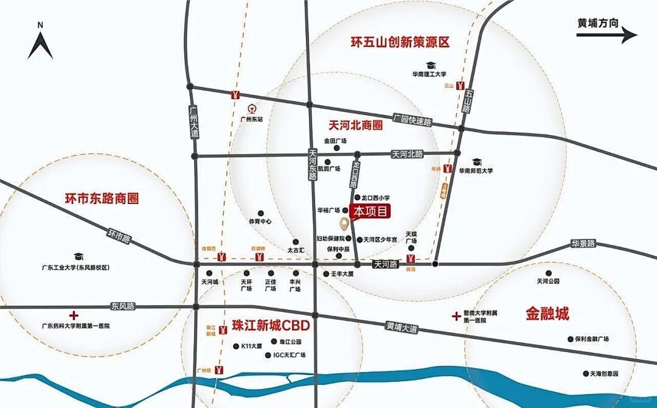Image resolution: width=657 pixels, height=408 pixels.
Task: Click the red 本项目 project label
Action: coord(370,211)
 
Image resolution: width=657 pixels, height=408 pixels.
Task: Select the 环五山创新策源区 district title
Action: coord(400,42)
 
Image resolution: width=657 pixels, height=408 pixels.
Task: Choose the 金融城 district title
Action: coord(547,314)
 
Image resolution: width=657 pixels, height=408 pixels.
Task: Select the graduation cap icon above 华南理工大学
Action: coord(431,65)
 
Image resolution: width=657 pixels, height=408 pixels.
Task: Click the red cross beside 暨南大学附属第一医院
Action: coord(456,315)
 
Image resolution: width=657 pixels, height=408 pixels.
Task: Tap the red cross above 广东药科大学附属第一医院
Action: coord(74,315)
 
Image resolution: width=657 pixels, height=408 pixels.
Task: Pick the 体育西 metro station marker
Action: coord(222,256)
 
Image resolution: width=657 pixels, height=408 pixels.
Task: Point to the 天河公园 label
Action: coord(548,281)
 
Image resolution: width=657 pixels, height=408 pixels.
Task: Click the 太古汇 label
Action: coord(296,250)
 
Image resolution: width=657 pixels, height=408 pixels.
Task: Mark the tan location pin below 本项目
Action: coord(344,223)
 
